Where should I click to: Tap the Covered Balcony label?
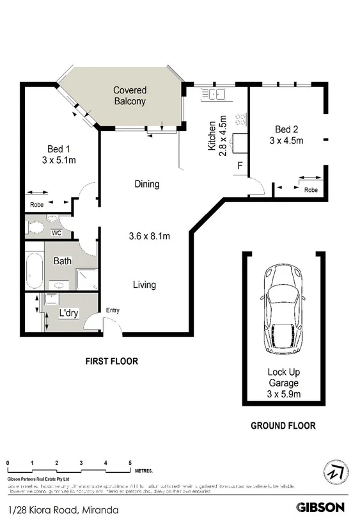point(130,95)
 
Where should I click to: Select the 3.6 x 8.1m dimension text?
point(148,236)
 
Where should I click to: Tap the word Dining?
point(146,184)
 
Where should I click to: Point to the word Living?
point(145,285)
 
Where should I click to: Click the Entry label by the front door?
point(113,311)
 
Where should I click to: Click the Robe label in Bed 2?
point(311,190)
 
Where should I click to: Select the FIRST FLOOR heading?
point(112,362)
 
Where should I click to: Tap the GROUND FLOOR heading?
point(283,426)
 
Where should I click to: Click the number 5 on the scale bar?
point(130,462)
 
